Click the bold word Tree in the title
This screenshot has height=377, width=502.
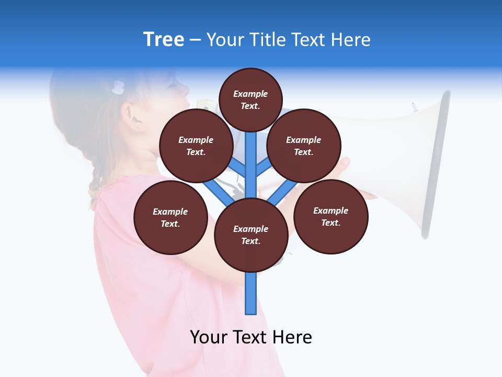pos(164,40)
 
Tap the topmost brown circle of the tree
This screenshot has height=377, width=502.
pos(250,99)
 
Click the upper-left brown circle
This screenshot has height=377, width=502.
pos(196,146)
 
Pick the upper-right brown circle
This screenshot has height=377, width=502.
pos(303,146)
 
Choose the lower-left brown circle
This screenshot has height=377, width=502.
pos(170,217)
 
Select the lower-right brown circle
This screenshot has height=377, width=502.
pos(330,216)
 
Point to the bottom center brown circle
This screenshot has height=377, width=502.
pos(250,235)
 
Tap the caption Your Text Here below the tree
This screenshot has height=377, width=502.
pos(250,337)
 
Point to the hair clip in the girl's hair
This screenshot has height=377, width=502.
pos(118,87)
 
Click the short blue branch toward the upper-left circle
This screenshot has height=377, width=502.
pos(238,169)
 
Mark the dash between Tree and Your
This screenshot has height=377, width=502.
pos(195,40)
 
